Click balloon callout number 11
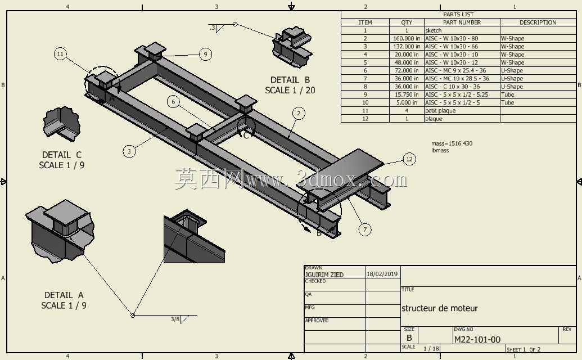point(61,54)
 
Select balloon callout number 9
point(206,55)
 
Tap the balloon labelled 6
point(173,102)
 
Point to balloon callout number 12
point(409,159)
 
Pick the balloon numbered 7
point(365,229)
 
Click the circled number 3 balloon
point(129,151)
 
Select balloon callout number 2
point(299,113)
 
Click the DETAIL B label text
point(290,80)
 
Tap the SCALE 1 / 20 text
point(290,90)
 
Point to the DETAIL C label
point(62,155)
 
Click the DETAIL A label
point(64,295)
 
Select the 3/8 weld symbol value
point(175,319)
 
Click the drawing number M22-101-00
point(477,339)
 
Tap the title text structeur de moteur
point(440,308)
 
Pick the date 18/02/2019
point(382,274)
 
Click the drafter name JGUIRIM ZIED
point(324,274)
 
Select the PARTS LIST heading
point(458,15)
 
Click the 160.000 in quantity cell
point(407,38)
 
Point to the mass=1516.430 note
point(452,143)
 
